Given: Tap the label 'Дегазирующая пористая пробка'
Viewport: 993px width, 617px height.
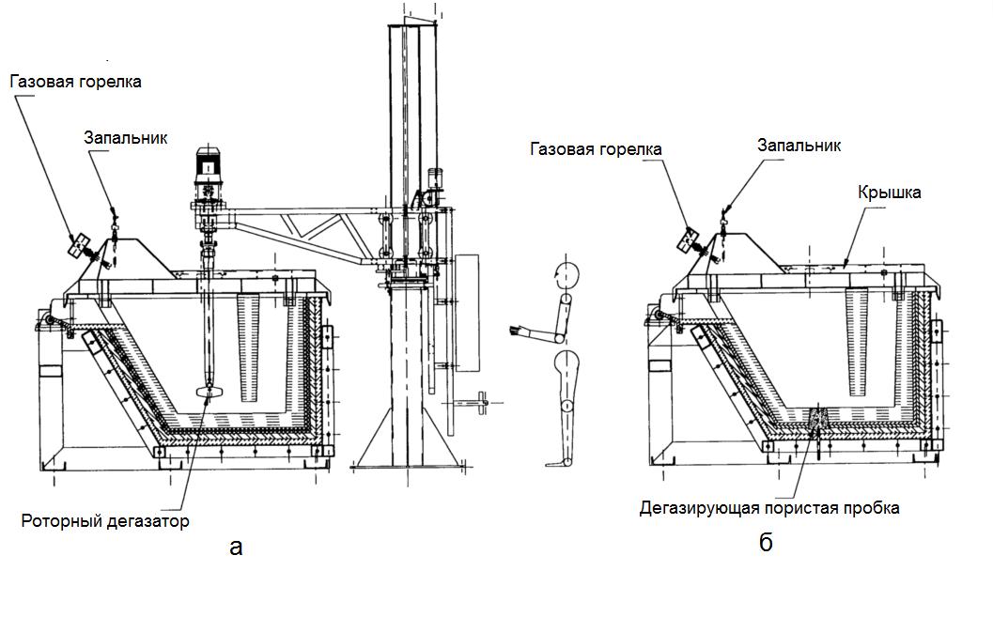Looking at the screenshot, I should (769, 508).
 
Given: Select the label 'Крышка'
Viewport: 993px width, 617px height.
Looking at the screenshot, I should (889, 193).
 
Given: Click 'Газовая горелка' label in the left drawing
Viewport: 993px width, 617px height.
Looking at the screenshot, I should (76, 82).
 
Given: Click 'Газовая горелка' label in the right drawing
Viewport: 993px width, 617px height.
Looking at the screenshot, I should (596, 149).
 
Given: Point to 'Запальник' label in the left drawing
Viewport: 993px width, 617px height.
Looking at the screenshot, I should (125, 138).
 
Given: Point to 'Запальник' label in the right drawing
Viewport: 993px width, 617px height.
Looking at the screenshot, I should (799, 146).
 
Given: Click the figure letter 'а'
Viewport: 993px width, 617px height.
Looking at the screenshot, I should (236, 547).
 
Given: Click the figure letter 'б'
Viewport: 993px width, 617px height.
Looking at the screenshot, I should (766, 543).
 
